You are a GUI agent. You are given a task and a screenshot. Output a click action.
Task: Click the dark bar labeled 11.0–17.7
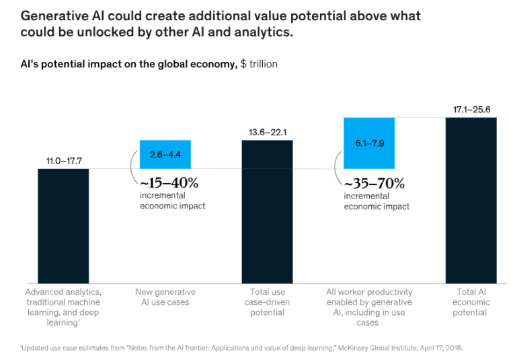tap(63, 225)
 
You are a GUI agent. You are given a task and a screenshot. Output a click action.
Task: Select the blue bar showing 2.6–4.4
tap(165, 154)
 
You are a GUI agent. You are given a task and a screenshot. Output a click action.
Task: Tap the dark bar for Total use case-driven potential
tap(267, 211)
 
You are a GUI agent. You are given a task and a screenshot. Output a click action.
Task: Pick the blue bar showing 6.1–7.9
tap(369, 143)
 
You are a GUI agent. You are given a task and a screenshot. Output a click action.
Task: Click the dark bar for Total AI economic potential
tap(471, 200)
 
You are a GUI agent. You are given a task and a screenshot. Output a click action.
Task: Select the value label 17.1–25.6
tap(471, 109)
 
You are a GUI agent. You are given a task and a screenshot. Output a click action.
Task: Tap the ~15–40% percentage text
tap(169, 182)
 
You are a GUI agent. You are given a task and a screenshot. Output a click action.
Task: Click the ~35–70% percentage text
tap(374, 183)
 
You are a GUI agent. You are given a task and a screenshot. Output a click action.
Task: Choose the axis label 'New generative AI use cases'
tap(165, 297)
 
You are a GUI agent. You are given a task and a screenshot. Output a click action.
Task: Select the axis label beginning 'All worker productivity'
tap(369, 307)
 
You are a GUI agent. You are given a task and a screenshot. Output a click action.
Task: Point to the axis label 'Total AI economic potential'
tap(471, 302)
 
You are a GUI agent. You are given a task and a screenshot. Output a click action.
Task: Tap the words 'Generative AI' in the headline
tap(55, 15)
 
